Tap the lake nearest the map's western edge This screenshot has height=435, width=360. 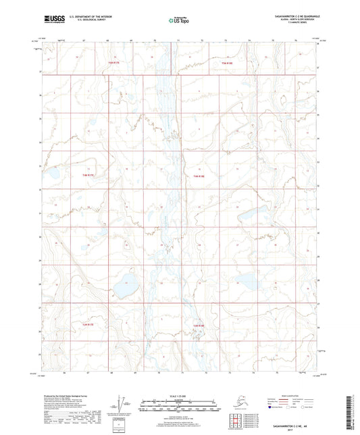pyautogui.click(x=51, y=174)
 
